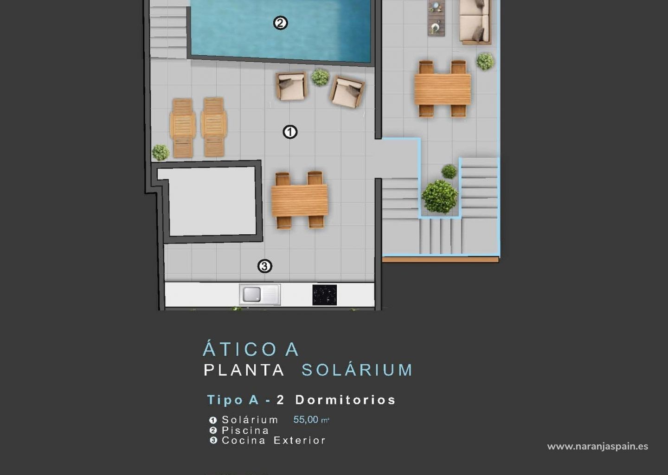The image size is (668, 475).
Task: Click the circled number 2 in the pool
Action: click(x=280, y=23)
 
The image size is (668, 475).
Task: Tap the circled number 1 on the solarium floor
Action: click(x=290, y=132)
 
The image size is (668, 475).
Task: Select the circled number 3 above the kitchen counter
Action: click(x=264, y=266)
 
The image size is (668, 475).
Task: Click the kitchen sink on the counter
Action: click(x=260, y=295)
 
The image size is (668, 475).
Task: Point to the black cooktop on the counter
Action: click(x=324, y=295)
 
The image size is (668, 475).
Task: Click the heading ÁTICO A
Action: click(x=251, y=349)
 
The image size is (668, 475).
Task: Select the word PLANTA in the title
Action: click(x=244, y=370)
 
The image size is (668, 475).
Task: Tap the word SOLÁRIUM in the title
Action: click(x=357, y=370)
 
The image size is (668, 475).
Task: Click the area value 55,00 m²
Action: click(x=311, y=420)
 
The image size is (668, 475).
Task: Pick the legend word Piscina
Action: click(x=245, y=430)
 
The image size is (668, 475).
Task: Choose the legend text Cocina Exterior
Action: click(x=274, y=440)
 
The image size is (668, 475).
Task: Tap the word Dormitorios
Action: click(x=345, y=400)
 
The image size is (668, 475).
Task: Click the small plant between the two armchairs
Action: click(x=320, y=77)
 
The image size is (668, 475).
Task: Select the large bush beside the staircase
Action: click(x=439, y=197)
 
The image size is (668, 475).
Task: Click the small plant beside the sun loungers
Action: click(x=161, y=152)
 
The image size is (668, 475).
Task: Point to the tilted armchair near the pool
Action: click(x=347, y=91)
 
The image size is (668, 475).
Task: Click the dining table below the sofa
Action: click(x=443, y=89)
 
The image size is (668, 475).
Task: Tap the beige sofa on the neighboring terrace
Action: click(x=475, y=22)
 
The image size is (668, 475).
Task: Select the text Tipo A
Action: click(x=233, y=400)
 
